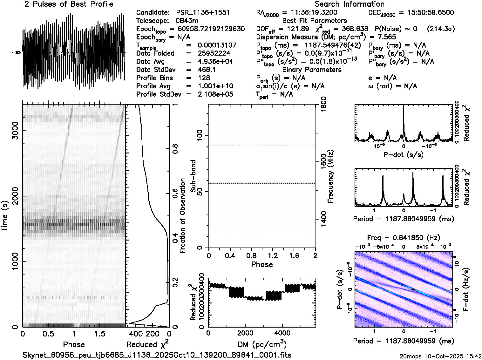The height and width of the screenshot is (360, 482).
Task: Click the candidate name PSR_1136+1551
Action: click(x=203, y=13)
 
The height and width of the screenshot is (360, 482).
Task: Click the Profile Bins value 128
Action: click(x=204, y=78)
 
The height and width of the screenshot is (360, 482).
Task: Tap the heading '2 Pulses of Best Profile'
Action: click(x=69, y=4)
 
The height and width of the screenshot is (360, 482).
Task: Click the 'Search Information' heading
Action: click(x=350, y=4)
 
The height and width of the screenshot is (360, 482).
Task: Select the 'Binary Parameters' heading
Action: click(x=312, y=70)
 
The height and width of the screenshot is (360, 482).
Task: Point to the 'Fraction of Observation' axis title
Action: click(x=183, y=216)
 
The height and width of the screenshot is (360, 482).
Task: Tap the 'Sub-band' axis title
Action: click(x=193, y=176)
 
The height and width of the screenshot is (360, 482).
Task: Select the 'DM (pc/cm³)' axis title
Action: click(x=262, y=344)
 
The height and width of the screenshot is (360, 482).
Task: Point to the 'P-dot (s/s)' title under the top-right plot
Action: click(x=404, y=155)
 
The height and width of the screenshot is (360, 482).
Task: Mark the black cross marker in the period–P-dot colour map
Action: click(x=413, y=289)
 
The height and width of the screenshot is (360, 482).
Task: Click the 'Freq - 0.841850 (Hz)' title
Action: click(x=404, y=238)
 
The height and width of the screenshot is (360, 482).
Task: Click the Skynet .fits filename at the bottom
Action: click(x=157, y=355)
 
